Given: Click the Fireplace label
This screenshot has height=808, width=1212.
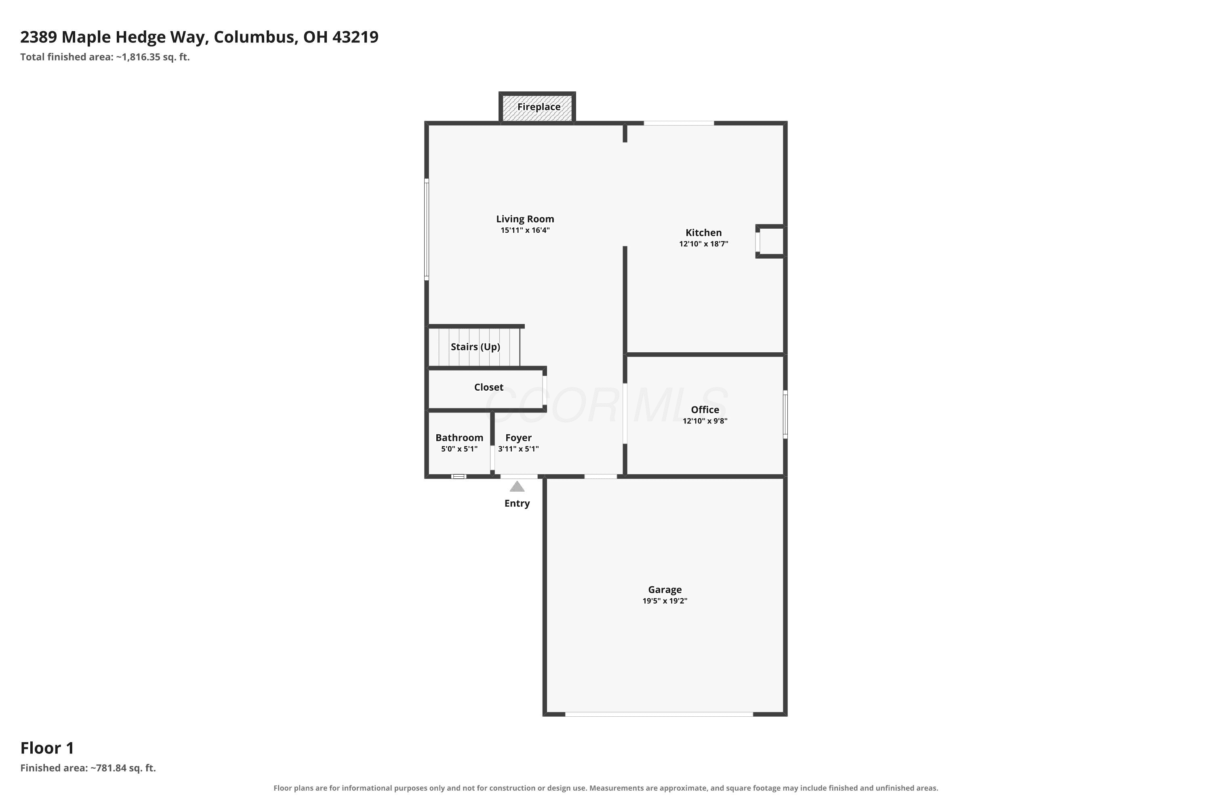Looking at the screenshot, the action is pos(539,107).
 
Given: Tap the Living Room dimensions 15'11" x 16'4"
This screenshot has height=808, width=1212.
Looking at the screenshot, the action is pos(525,230).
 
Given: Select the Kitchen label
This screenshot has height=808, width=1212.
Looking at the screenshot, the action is pos(703,232).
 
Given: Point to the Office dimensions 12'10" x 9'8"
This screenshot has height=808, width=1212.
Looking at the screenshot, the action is pos(705,421).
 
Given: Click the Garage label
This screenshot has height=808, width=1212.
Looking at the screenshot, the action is pos(665,589).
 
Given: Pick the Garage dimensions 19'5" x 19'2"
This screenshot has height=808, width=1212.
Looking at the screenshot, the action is pos(665,601).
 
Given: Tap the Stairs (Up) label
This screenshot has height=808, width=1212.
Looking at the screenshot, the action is pos(475,347).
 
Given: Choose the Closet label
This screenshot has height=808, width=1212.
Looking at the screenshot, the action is pos(488,387).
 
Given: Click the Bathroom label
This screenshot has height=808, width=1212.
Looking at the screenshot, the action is pos(459,438).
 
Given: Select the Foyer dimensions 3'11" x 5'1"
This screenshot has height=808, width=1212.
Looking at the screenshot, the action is pos(518,449).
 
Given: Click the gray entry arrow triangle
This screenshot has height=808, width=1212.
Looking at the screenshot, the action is pos(517,486).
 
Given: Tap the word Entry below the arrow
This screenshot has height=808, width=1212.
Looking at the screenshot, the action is pos(517,503).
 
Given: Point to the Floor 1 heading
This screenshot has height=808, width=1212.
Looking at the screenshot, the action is pos(47,748).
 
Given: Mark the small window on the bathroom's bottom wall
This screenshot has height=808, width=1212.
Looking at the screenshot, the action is pos(459,477).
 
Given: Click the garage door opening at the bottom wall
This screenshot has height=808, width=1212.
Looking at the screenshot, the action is pos(659,714).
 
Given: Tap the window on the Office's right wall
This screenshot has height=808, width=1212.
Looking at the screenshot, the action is pos(785,415).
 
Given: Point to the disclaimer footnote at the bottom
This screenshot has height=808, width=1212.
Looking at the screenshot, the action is pos(606,788).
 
